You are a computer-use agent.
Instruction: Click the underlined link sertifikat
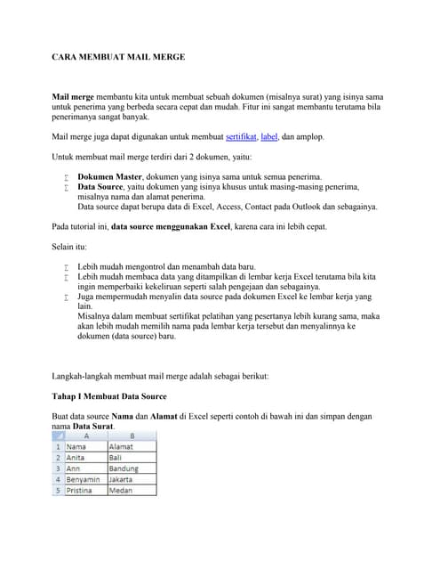(x=241, y=136)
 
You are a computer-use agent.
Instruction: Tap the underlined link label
(x=269, y=136)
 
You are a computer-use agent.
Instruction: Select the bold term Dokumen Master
(x=110, y=176)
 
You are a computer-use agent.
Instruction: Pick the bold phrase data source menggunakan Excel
(x=171, y=226)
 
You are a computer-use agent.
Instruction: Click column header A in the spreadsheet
(x=86, y=436)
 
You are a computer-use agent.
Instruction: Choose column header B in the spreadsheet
(x=131, y=436)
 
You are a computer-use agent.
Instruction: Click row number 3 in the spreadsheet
(x=59, y=468)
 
